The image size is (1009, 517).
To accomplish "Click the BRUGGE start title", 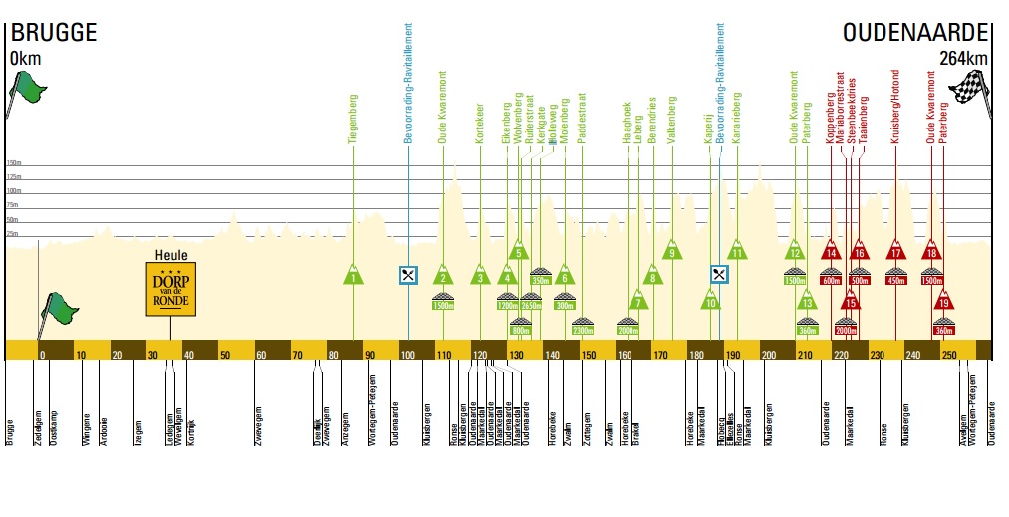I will (53, 33).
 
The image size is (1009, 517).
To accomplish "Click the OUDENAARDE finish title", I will (915, 33).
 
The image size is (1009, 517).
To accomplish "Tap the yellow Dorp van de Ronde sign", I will (170, 289).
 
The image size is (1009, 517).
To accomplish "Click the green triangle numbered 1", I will (354, 275).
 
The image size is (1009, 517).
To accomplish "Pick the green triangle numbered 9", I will (673, 250).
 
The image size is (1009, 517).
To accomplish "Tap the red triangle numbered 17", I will (896, 250).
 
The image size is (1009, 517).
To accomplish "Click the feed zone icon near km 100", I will (408, 275).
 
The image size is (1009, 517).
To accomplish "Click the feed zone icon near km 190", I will (719, 274).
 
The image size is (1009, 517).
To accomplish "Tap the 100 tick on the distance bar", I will (406, 355).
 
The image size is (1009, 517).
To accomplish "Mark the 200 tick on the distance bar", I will (768, 355).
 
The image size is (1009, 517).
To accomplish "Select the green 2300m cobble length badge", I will (584, 330).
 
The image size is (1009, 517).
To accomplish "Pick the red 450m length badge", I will (896, 280).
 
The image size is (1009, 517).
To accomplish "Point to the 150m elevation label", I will (14, 163).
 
